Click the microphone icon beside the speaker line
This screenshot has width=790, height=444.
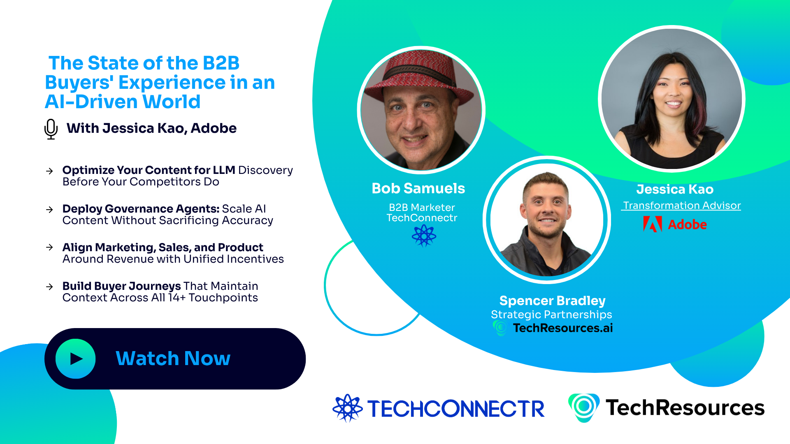pyautogui.click(x=51, y=129)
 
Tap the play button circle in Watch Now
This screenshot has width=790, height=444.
pyautogui.click(x=76, y=359)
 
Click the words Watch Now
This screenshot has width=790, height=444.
pyautogui.click(x=173, y=358)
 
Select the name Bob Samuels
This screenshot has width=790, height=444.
pyautogui.click(x=418, y=188)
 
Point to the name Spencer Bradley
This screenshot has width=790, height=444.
pyautogui.click(x=552, y=301)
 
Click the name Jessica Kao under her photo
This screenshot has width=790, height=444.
pyautogui.click(x=675, y=189)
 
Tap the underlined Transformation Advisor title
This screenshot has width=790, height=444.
pyautogui.click(x=681, y=206)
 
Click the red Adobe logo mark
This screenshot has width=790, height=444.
pyautogui.click(x=652, y=224)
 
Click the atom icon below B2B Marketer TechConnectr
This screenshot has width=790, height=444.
pyautogui.click(x=424, y=236)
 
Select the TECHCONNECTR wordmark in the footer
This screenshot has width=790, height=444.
pyautogui.click(x=456, y=409)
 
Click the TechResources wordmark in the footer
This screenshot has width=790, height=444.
pyautogui.click(x=685, y=408)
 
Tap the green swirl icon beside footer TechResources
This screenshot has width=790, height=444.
pyautogui.click(x=583, y=407)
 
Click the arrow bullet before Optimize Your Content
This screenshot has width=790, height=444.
pyautogui.click(x=50, y=171)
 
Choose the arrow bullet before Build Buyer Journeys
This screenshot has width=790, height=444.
pyautogui.click(x=50, y=287)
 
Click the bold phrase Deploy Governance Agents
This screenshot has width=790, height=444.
pyautogui.click(x=141, y=209)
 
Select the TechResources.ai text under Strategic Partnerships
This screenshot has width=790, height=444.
pyautogui.click(x=562, y=328)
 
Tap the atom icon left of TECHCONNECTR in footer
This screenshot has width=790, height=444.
pyautogui.click(x=347, y=408)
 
